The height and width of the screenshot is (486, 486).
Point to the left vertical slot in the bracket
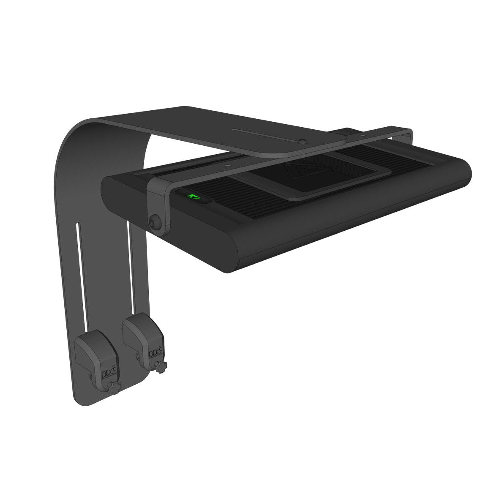(78, 275)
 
